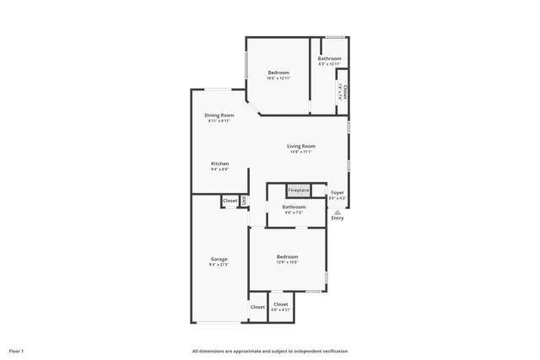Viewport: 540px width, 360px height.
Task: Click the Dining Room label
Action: (218, 115)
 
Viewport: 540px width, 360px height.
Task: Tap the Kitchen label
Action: (219, 163)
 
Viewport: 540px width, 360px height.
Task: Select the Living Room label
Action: (301, 146)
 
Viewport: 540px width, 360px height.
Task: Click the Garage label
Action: (219, 259)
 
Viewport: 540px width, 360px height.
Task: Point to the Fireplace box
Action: (299, 191)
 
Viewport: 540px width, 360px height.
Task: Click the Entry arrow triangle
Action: (337, 212)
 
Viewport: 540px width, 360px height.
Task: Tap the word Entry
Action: (337, 218)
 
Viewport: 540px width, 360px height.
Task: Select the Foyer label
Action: (337, 192)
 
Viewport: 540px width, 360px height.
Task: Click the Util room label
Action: (245, 201)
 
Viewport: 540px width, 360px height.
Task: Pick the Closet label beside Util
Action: (229, 201)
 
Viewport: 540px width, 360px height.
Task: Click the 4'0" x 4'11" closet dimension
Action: (281, 309)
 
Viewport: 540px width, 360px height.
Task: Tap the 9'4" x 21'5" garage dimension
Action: (219, 265)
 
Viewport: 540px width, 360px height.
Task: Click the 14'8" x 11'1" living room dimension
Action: (301, 152)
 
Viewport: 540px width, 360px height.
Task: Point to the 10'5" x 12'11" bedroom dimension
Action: (278, 78)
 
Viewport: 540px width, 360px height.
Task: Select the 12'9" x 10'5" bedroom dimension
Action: (287, 262)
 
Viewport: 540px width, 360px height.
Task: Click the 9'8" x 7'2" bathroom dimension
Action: (294, 212)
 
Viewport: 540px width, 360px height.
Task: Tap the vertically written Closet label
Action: (344, 90)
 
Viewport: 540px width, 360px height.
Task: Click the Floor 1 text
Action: (16, 351)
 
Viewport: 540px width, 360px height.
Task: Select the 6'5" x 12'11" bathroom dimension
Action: (329, 64)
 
